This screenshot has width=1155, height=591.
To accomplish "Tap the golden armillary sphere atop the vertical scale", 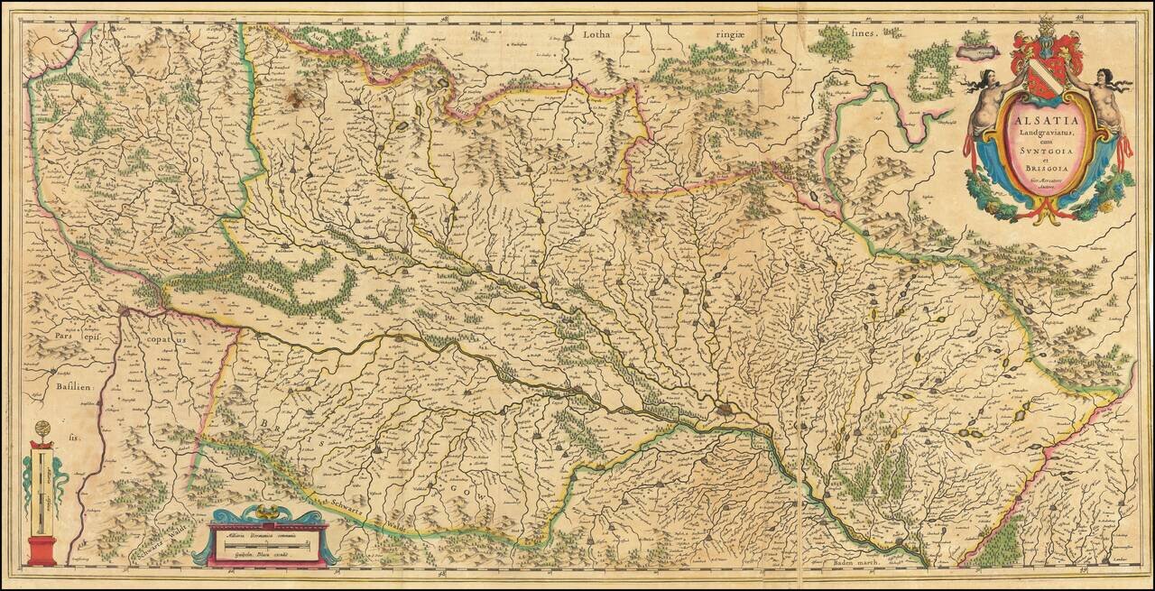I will [x=41, y=429].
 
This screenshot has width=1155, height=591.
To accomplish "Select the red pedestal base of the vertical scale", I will [x=41, y=550].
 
